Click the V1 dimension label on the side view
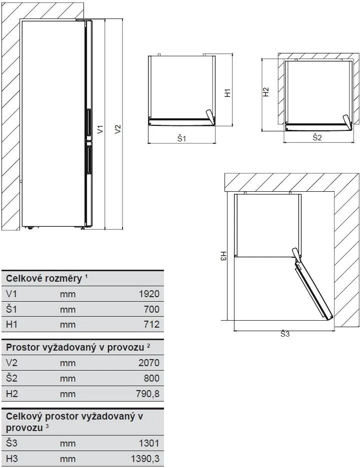click(100, 129)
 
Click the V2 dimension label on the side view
click(118, 129)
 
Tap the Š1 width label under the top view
click(181, 138)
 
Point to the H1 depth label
click(226, 93)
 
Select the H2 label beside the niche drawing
click(266, 92)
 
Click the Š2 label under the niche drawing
click(317, 137)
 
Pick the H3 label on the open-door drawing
click(223, 256)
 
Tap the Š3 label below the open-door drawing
click(284, 334)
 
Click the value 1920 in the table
click(148, 294)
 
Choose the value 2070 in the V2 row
click(148, 363)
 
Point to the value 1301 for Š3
click(148, 443)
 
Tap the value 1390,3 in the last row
click(144, 458)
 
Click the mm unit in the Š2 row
click(67, 379)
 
